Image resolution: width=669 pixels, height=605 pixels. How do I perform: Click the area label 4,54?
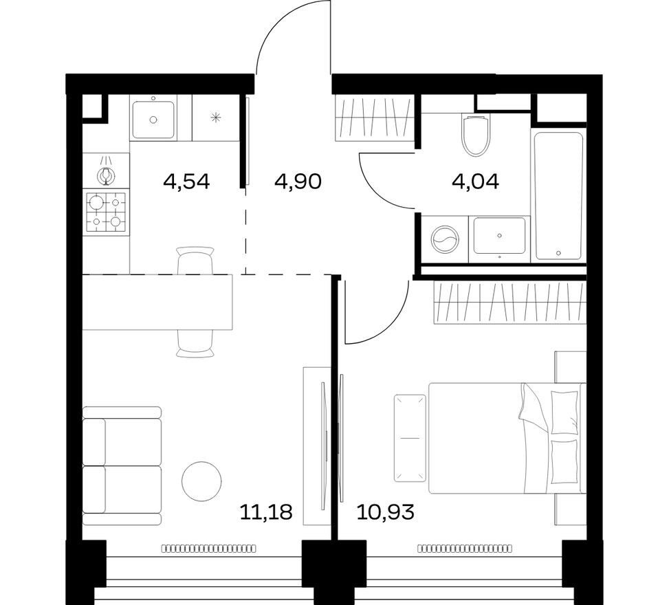(x=186, y=181)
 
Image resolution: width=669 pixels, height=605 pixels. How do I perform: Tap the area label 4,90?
(x=298, y=181)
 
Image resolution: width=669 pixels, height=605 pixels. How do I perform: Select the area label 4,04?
(x=476, y=181)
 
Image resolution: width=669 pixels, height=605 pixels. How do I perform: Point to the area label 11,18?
(x=266, y=511)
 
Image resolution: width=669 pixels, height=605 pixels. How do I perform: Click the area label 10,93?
(x=386, y=511)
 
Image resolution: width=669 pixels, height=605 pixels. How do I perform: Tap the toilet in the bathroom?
(x=475, y=135)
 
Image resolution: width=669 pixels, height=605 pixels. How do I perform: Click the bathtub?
(x=558, y=194)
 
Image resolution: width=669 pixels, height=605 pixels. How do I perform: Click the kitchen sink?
(x=153, y=118)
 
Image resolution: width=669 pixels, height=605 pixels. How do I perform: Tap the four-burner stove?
(x=106, y=212)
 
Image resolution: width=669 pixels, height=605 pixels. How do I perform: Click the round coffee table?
(x=201, y=481)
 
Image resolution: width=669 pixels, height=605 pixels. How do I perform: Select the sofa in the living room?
(x=122, y=465)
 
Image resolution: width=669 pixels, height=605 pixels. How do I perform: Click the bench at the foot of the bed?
(x=410, y=438)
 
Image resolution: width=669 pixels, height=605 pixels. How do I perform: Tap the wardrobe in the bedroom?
(x=509, y=302)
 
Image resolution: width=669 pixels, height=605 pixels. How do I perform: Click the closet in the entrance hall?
(x=374, y=118)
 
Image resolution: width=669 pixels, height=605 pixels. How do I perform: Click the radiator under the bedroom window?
(x=464, y=549)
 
